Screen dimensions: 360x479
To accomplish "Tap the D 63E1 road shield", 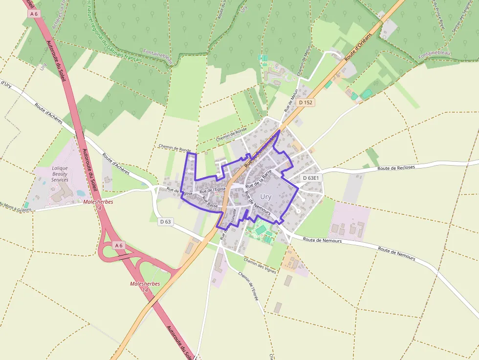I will click(311, 178).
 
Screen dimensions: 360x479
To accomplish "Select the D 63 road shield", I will click(166, 221).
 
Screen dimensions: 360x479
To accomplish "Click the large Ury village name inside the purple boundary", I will click(266, 196).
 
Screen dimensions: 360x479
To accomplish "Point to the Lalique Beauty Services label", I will click(60, 173).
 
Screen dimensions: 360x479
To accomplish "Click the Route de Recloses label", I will click(396, 168).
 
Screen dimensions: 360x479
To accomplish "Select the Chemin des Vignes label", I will click(260, 265).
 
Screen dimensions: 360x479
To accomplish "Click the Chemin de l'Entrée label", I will click(248, 285).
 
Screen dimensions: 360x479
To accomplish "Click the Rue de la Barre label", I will click(259, 180).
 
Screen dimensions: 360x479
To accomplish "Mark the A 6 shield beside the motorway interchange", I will click(119, 245).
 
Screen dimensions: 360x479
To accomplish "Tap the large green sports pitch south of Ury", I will click(261, 229).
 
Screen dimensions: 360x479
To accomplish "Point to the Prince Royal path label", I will click(440, 15).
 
